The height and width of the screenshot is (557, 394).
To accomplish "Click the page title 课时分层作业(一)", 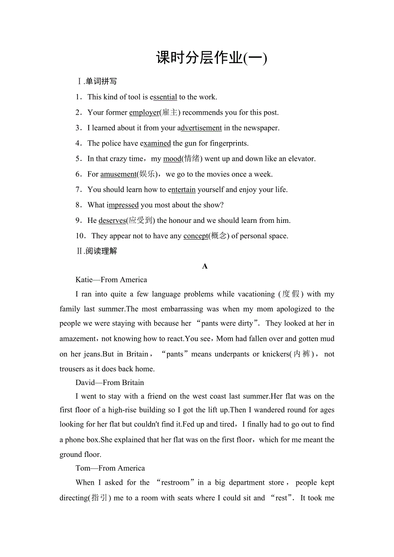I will [x=212, y=58].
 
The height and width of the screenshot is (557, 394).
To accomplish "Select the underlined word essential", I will [x=164, y=97].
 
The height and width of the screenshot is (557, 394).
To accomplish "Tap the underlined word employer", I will [x=144, y=113].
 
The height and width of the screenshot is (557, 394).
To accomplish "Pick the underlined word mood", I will [x=172, y=159].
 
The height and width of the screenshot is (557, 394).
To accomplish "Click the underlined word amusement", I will [x=118, y=174].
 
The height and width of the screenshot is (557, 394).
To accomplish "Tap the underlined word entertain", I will [x=182, y=190].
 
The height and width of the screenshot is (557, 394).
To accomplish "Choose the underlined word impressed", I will [x=123, y=205].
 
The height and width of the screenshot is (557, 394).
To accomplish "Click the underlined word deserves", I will [x=112, y=221].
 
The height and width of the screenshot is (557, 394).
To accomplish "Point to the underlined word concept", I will [x=196, y=236].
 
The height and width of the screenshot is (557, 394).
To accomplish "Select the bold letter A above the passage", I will [x=205, y=266].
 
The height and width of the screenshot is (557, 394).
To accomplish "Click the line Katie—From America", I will [x=111, y=280].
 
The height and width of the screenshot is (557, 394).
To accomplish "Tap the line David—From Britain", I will [x=110, y=382].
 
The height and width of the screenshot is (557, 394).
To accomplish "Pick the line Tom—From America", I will [x=110, y=468].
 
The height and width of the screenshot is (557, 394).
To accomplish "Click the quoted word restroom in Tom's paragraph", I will [x=176, y=483].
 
